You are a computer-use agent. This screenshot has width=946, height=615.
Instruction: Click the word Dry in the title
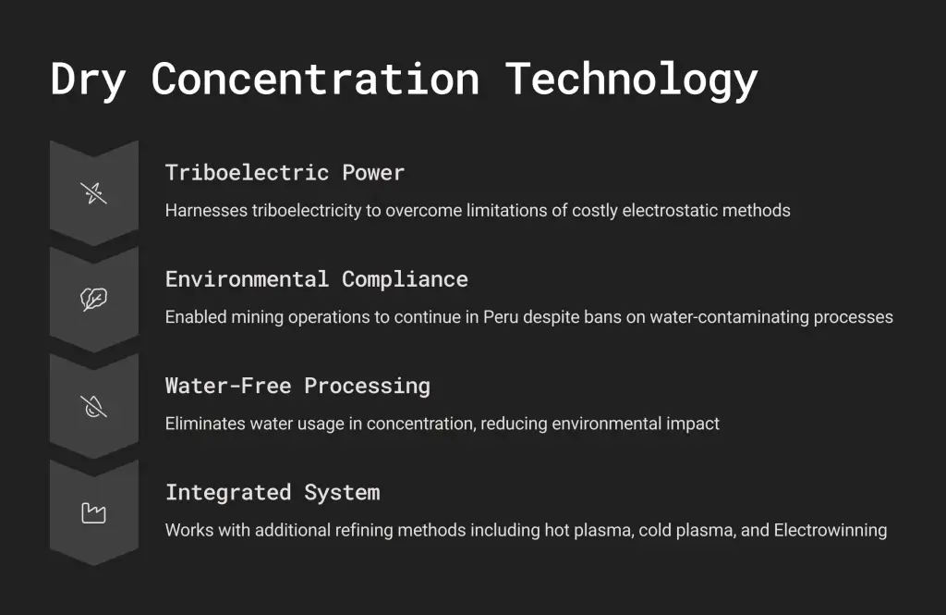tap(88, 80)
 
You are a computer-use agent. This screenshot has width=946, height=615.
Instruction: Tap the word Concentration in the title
tap(315, 80)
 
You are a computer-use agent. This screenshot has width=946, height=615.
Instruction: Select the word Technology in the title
tap(631, 80)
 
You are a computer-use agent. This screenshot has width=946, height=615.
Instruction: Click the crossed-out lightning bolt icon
tap(93, 193)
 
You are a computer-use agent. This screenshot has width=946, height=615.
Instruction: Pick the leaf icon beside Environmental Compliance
tap(93, 299)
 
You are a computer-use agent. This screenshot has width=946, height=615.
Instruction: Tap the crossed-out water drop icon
tap(93, 406)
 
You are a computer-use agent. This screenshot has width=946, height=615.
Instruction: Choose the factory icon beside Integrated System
tap(93, 513)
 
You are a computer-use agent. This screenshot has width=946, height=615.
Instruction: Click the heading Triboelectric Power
tap(285, 173)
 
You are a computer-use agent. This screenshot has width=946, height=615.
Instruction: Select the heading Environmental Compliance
tap(317, 279)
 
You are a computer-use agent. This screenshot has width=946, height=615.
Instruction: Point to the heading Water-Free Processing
tap(298, 386)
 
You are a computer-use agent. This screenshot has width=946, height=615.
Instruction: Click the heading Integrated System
tap(273, 493)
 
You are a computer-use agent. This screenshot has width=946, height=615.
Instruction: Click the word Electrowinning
tap(831, 531)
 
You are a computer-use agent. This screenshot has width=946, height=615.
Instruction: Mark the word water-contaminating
tap(729, 318)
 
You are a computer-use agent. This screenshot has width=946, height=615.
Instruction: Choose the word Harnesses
tap(206, 210)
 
